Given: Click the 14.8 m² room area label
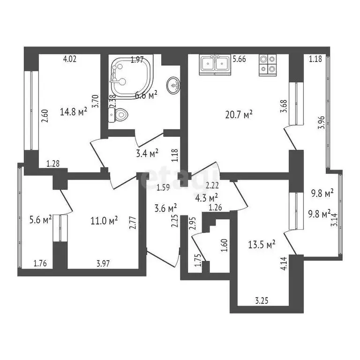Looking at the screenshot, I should (74, 112).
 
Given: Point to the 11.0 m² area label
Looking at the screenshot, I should (104, 219).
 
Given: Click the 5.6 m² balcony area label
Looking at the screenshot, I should (40, 219).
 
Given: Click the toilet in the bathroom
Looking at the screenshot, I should (120, 114).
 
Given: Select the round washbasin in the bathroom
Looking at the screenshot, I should (173, 85).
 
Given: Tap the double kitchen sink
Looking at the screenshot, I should (214, 65).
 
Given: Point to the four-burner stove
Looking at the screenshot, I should (268, 65).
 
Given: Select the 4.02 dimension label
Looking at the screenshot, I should (69, 59).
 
